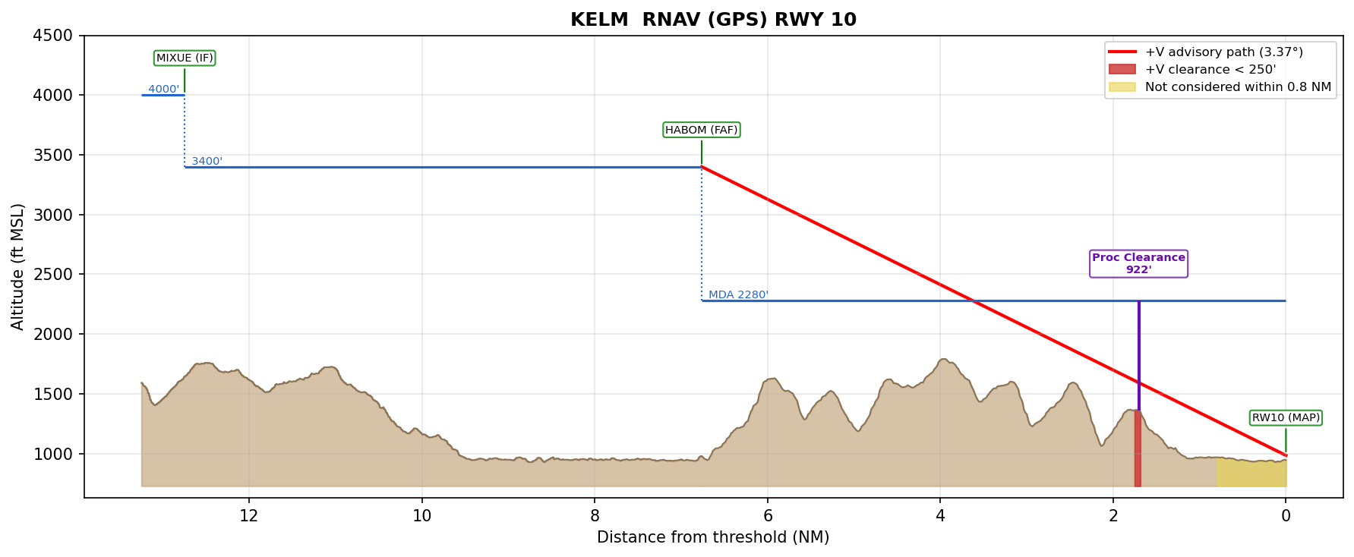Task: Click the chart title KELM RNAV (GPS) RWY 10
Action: point(713,20)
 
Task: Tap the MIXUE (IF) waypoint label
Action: point(185,58)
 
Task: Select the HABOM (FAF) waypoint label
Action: point(701,130)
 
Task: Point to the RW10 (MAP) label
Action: point(1286,417)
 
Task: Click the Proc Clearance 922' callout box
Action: point(1138,263)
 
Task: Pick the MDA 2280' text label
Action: point(738,294)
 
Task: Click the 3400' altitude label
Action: point(207,161)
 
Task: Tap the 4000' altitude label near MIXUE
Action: point(163,89)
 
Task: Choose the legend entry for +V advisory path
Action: point(1223,52)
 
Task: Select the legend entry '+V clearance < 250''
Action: point(1210,70)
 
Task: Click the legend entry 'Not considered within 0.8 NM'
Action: point(1237,87)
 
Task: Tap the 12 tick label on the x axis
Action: point(249,516)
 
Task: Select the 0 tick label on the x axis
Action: point(1286,516)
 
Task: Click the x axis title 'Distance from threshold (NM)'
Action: point(713,537)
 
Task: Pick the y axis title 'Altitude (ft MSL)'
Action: point(18,266)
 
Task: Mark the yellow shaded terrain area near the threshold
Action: point(1251,473)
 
